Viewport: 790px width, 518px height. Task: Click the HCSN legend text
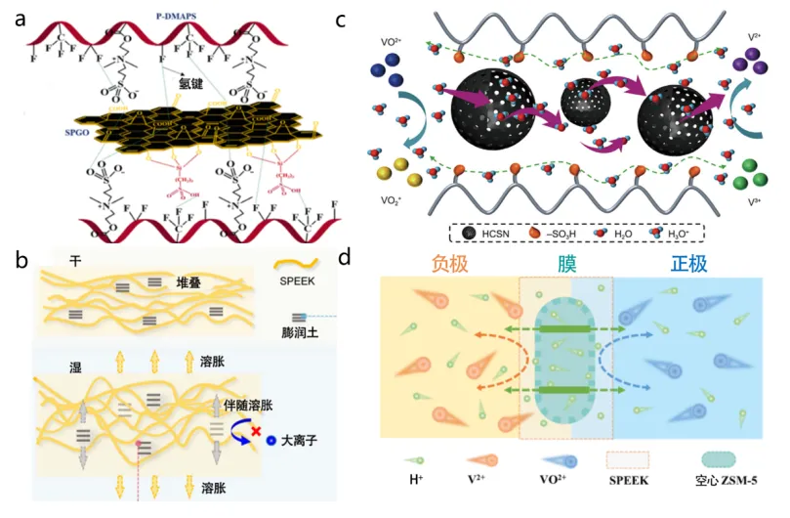[x=498, y=235]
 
